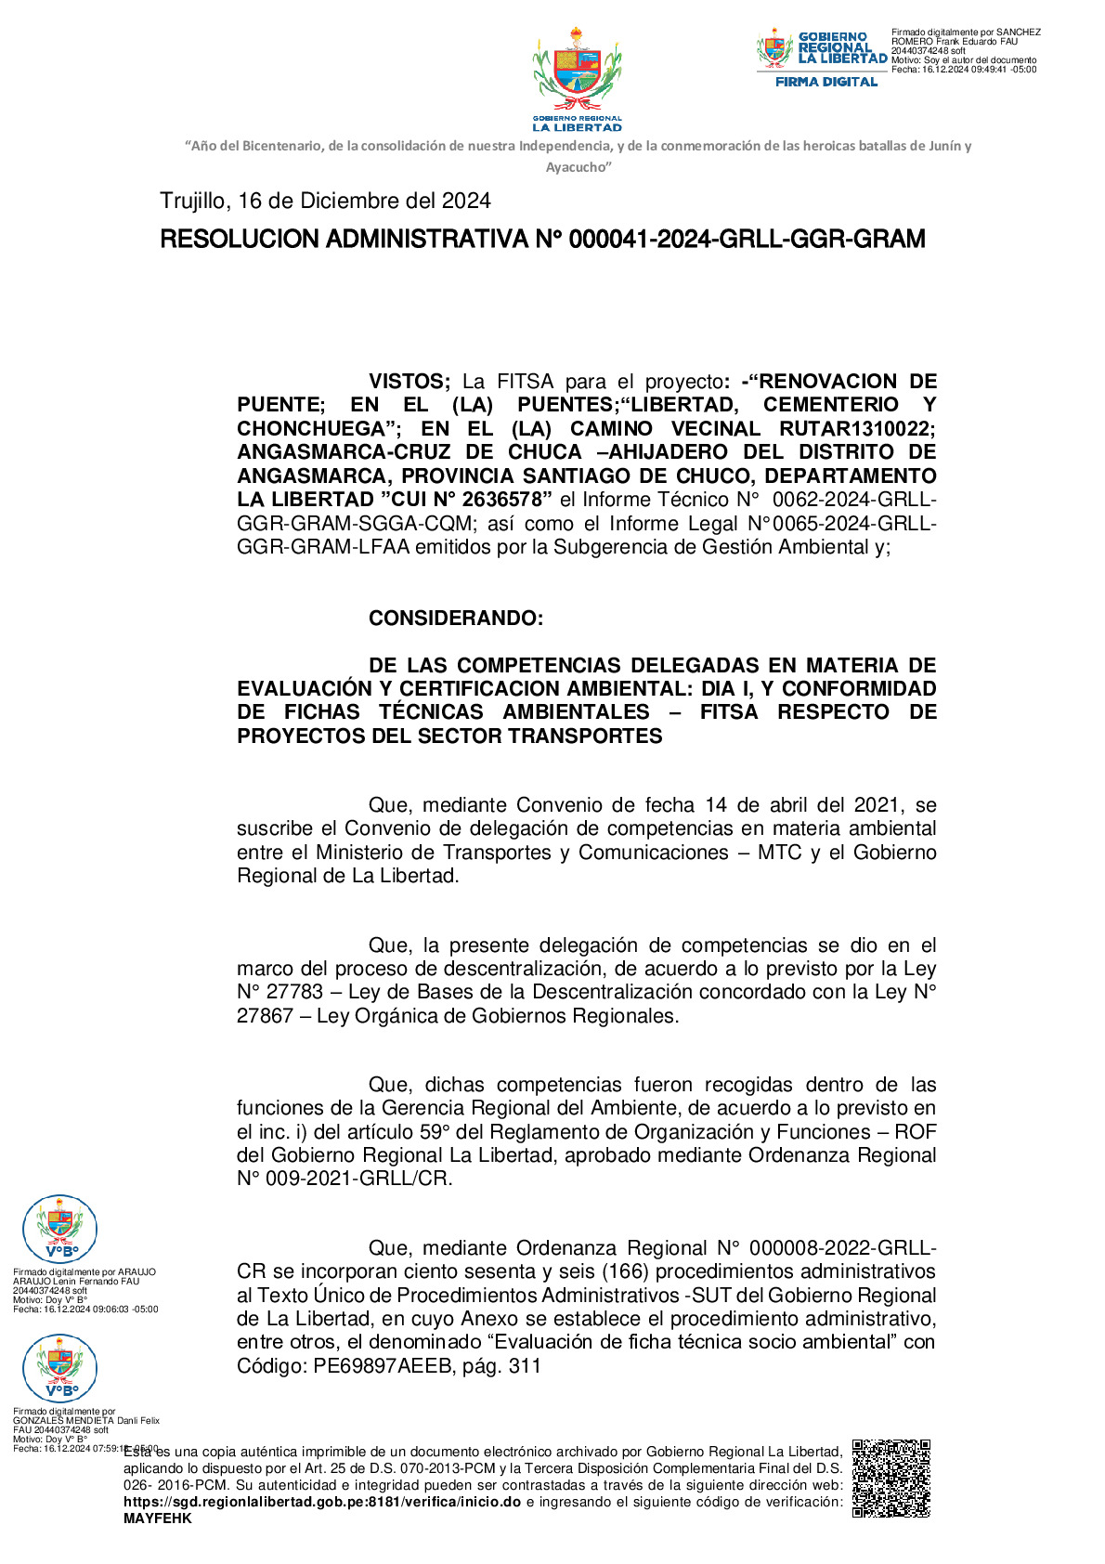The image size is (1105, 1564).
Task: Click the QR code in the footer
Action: click(890, 1479)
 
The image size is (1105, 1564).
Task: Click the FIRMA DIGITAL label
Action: click(826, 82)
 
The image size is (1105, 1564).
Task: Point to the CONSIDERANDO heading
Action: click(455, 619)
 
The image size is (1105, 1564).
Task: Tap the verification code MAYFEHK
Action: click(158, 1518)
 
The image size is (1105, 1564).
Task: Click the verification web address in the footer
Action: click(322, 1502)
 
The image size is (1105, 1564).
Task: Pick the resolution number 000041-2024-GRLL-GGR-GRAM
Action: click(747, 240)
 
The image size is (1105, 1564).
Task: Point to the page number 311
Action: click(525, 1366)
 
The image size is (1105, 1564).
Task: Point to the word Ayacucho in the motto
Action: click(577, 167)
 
